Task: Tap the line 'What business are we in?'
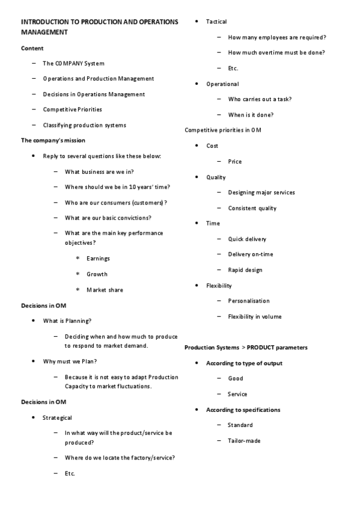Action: tap(99, 171)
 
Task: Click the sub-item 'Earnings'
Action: tap(98, 259)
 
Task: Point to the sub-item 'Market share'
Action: tap(105, 290)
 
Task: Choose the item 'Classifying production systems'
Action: tap(84, 125)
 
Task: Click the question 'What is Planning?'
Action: tap(67, 321)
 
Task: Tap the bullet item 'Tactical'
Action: tap(216, 22)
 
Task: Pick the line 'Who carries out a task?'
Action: tap(260, 99)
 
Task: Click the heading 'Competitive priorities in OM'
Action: tap(222, 130)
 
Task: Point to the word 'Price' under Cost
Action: tap(235, 162)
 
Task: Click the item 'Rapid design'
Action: tap(245, 270)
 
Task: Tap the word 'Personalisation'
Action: tap(249, 301)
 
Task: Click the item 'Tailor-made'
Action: tap(244, 441)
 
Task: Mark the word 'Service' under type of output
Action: tap(237, 394)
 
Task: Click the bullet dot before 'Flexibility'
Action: tap(198, 286)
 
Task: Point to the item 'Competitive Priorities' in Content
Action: tap(72, 109)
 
